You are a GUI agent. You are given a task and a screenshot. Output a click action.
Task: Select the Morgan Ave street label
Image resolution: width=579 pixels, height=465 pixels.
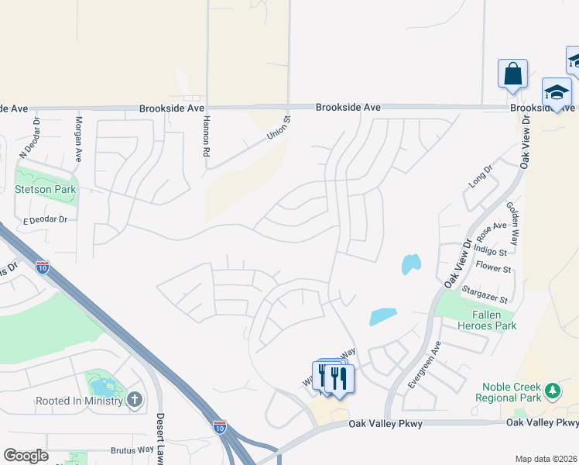[78, 139]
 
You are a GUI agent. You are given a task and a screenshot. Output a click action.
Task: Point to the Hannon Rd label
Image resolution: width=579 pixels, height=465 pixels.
[206, 137]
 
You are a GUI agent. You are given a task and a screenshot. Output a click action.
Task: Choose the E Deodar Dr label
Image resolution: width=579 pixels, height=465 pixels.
[46, 220]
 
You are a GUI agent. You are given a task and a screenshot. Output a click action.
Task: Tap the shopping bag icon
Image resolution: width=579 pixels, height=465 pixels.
[512, 74]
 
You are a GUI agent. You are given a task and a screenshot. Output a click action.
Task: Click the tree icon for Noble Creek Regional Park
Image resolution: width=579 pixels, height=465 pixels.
[552, 389]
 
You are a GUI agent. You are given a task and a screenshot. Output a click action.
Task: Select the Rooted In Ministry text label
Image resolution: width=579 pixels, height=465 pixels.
[80, 401]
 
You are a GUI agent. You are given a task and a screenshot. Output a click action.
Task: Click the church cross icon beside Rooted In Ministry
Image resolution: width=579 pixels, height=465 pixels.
[135, 400]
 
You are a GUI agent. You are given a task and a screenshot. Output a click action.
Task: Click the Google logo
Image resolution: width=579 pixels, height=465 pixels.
[26, 456]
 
